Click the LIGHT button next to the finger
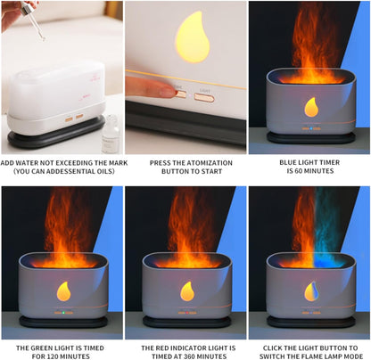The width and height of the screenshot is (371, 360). coord(204,96)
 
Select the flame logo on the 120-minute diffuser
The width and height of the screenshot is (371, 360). coord(64,290)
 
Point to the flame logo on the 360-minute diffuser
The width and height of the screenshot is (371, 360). coord(186,290)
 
